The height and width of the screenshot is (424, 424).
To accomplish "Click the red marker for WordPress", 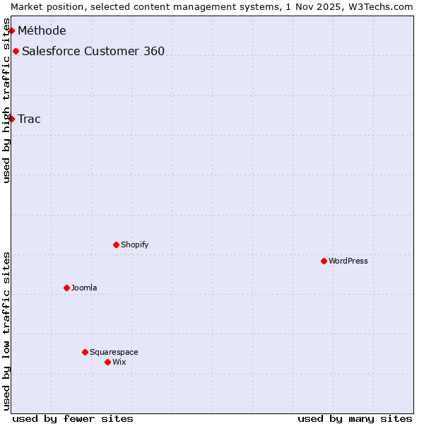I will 324,261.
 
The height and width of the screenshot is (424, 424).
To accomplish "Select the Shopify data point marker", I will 116,245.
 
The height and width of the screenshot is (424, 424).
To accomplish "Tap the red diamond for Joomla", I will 66,288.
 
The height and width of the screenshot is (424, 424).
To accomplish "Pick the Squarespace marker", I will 85,352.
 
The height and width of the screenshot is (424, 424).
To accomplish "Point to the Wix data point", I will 107,362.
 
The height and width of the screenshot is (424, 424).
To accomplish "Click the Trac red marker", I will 11,119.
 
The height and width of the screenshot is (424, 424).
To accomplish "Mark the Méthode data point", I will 11,30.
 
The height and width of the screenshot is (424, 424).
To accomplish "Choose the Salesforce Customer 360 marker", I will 16,51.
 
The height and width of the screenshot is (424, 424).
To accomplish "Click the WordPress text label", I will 348,261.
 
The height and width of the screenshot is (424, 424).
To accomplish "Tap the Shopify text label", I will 135,245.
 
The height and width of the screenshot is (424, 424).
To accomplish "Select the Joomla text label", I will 84,288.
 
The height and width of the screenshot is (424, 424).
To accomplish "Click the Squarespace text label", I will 114,352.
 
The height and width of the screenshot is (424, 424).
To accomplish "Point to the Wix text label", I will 119,362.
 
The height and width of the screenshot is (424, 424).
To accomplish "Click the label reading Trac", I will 30,119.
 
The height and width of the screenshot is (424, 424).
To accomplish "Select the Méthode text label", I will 42,30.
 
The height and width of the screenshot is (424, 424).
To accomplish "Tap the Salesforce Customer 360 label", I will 93,51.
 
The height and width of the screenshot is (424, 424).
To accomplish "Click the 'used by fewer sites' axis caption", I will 73,418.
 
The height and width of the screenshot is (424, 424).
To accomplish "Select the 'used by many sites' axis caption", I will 355,418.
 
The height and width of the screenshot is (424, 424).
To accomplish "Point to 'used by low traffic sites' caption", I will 6,331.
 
